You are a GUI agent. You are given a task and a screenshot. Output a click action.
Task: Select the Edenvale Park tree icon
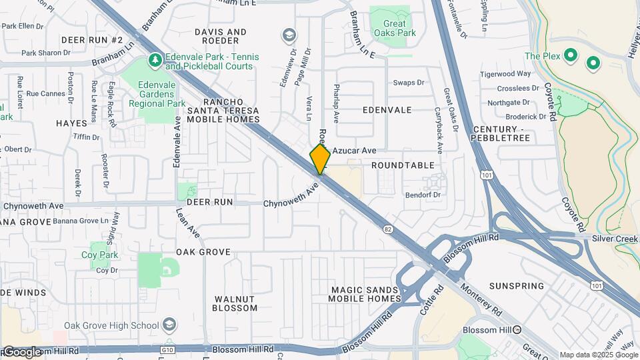[x=155, y=61]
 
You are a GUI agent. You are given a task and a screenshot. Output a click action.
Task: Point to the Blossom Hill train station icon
[x=517, y=330]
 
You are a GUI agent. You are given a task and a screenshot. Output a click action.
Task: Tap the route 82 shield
[x=388, y=229]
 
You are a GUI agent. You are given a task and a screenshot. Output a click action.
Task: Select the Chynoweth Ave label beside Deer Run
[x=292, y=195]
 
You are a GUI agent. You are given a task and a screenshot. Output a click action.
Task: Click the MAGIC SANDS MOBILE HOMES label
[x=365, y=293]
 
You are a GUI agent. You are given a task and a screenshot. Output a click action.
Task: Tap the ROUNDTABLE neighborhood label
[x=403, y=165]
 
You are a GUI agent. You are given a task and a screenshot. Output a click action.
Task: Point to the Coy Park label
[x=99, y=255]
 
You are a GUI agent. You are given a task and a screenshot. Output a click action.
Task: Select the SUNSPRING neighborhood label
[x=516, y=286]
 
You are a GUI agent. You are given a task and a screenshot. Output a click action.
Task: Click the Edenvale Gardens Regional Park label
[x=161, y=94]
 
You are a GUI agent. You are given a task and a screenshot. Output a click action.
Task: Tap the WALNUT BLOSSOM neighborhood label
[x=235, y=303]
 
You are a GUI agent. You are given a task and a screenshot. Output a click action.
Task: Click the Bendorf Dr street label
[x=423, y=195]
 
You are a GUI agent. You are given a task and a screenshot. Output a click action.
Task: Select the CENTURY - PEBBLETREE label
[x=501, y=133]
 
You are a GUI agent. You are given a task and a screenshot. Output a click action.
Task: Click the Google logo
[x=22, y=352]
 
